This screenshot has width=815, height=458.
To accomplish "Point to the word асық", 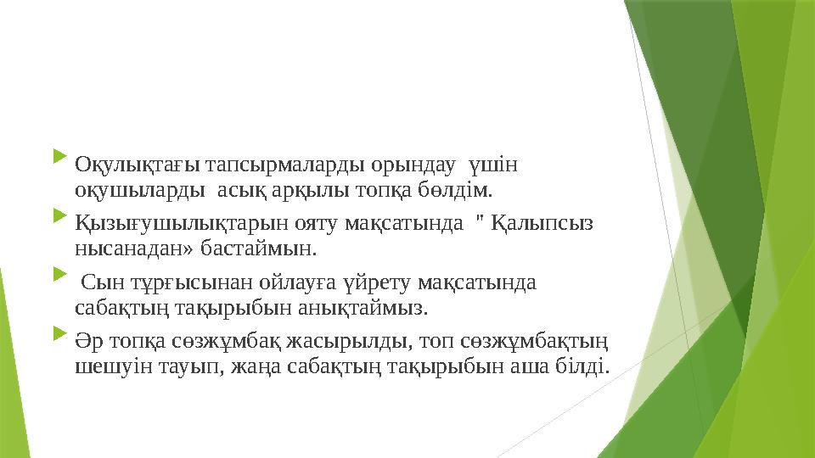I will point(237,187).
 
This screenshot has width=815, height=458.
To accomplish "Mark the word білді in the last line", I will point(588,366).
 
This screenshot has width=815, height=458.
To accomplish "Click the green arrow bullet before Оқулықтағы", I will point(58,158).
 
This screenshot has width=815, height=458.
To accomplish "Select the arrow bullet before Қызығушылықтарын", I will point(58,220).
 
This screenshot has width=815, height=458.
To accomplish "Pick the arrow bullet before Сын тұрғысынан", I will point(58,276).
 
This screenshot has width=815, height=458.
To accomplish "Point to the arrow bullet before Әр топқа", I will point(58,338).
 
